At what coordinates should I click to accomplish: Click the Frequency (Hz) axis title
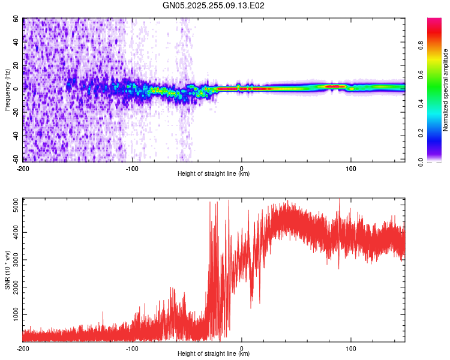tap(7, 91)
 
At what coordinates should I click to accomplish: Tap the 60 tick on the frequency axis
tap(17, 19)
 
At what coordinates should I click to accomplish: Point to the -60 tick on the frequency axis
tap(16, 159)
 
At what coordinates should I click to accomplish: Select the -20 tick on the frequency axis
tap(16, 112)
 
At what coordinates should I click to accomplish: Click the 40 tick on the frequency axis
tap(17, 43)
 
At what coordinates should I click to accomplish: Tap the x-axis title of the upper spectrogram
tap(214, 174)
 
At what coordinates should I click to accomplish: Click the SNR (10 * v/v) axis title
tap(7, 269)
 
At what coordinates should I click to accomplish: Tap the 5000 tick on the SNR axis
tap(13, 205)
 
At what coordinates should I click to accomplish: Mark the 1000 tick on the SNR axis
tap(13, 314)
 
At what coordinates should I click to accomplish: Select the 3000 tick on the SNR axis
tap(13, 260)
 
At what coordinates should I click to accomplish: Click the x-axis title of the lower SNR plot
tap(214, 354)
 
